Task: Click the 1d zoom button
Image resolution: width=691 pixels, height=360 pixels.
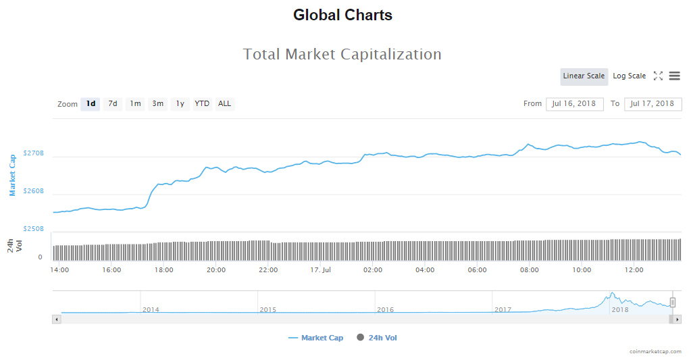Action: point(90,104)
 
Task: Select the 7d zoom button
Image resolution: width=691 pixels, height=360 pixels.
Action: point(113,104)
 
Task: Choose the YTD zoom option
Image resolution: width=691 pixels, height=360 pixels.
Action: point(202,104)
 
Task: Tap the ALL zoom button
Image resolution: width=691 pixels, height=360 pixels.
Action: point(224,104)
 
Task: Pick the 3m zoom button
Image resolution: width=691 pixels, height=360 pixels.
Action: point(157,104)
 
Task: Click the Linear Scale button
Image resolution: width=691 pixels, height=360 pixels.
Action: point(584,76)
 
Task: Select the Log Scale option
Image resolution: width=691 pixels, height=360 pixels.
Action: point(629,76)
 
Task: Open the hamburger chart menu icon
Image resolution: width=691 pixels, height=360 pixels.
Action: point(674,76)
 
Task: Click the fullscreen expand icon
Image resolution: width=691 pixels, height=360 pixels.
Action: point(658,76)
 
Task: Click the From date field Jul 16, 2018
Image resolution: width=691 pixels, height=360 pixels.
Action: point(574,104)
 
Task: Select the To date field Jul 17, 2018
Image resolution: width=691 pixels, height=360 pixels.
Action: point(652,104)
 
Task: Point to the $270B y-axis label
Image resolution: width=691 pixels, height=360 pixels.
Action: point(33,154)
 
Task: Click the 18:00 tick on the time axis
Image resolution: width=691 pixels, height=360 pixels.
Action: point(163,270)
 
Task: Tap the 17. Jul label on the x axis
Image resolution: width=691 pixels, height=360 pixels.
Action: point(320,270)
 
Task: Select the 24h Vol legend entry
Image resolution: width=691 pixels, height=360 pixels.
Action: point(382,338)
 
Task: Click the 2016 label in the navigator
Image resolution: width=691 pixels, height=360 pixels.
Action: point(385,309)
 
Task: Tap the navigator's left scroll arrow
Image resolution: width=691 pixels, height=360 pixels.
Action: point(57,319)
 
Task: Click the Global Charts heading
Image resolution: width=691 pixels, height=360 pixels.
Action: point(342,15)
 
